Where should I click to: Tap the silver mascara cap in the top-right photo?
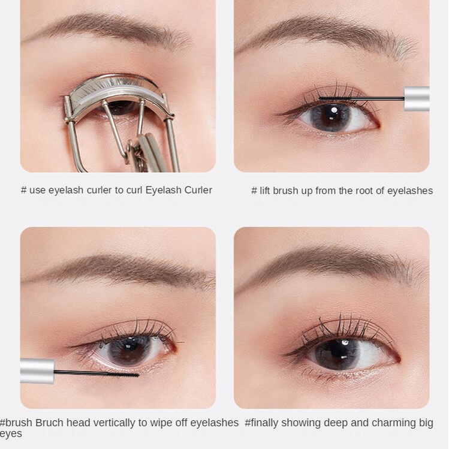pos(417,98)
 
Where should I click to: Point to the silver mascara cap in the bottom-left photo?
pos(37,370)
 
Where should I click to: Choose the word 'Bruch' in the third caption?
pos(49,423)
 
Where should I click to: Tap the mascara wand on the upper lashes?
pos(360,98)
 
